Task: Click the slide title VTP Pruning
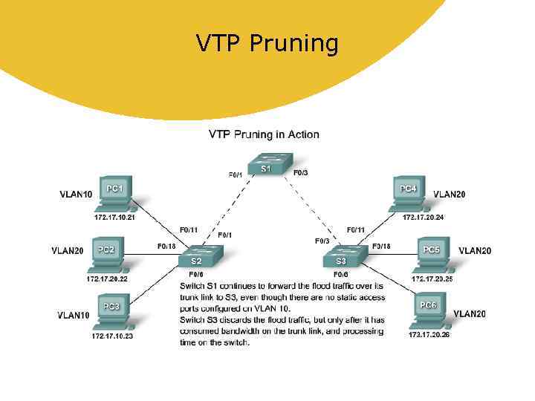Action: click(267, 44)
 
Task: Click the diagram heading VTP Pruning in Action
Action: click(264, 134)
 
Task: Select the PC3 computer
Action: click(112, 313)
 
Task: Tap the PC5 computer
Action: click(431, 255)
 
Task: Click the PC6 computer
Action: click(428, 311)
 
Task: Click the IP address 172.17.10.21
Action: click(114, 217)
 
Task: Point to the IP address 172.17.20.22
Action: click(107, 278)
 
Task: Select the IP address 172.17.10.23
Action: click(112, 336)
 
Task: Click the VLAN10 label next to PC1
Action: click(76, 195)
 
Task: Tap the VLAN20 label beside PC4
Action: click(450, 194)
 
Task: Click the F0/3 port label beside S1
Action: click(301, 173)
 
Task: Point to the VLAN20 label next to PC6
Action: click(470, 314)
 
